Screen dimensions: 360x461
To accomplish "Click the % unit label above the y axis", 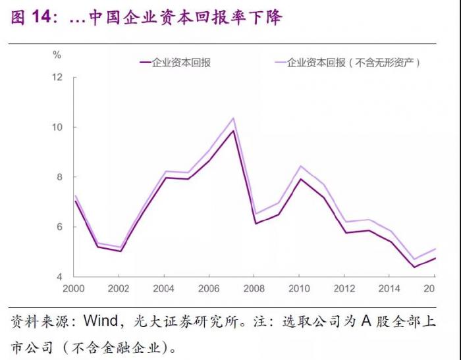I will tap(57, 55).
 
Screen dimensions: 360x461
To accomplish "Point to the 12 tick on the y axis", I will tap(57, 77).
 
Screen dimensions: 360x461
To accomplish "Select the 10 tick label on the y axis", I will tap(57, 127).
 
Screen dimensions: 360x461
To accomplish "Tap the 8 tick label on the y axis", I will tap(60, 177).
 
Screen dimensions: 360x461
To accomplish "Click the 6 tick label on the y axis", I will tap(60, 227).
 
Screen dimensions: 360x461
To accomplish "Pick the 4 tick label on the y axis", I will tap(60, 277).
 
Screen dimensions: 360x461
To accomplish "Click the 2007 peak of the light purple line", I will tap(233, 118).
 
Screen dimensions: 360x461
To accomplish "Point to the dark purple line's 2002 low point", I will tap(120, 251).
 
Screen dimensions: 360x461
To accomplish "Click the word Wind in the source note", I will tap(99, 322).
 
